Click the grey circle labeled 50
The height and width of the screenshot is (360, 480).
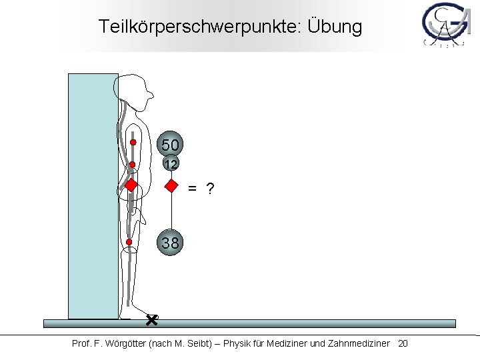[171, 144]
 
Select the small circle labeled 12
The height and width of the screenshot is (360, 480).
[171, 164]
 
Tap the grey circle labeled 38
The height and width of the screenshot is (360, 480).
[171, 243]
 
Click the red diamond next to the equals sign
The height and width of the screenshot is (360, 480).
[171, 186]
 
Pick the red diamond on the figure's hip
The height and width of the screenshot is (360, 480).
[132, 185]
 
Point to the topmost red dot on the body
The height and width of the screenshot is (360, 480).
[133, 142]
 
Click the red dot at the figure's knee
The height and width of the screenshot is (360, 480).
[129, 242]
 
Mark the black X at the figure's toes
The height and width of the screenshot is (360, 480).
[151, 321]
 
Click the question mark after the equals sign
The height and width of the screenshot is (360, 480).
[210, 189]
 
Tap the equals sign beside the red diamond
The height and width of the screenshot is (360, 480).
[192, 190]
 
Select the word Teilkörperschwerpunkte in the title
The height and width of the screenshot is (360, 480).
[199, 27]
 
